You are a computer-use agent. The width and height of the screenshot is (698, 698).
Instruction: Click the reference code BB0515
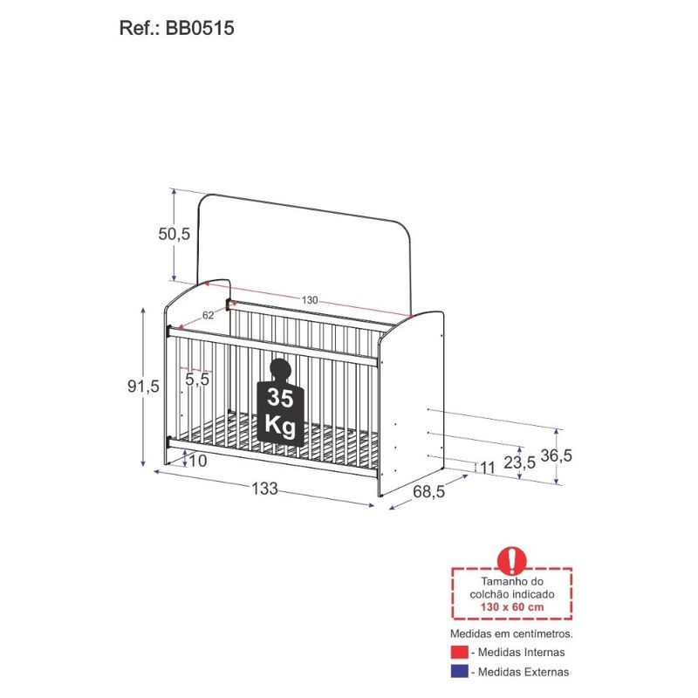[200, 28]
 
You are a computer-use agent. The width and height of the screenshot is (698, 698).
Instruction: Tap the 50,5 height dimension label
[174, 234]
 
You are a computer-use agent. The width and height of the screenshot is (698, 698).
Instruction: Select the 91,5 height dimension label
[143, 387]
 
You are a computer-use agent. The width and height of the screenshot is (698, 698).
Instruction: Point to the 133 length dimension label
[265, 489]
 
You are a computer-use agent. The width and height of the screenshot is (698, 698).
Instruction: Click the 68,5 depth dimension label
[428, 492]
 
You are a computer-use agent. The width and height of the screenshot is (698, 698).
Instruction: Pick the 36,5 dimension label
[556, 455]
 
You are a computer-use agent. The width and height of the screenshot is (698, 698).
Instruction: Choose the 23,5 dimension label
[519, 463]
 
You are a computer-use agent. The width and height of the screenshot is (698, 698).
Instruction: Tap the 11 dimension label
[488, 468]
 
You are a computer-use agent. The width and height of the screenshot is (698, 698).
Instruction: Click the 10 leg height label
[198, 462]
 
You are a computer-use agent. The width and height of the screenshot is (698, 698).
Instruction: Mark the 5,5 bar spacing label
[197, 380]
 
